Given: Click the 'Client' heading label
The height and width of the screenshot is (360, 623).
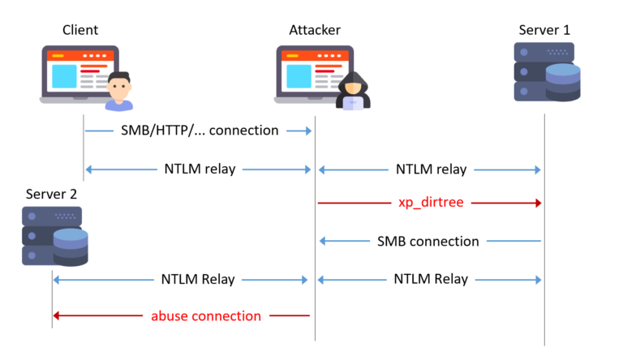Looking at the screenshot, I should (x=80, y=31).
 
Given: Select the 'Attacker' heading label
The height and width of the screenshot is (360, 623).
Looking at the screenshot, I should (x=315, y=31).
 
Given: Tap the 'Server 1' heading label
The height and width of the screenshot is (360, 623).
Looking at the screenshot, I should (x=544, y=31).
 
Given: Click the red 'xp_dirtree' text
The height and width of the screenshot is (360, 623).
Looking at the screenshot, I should (x=431, y=203).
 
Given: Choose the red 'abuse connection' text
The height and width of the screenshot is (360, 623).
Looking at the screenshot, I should (x=206, y=315).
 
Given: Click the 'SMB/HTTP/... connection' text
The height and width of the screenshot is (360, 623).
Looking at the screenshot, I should (x=200, y=131).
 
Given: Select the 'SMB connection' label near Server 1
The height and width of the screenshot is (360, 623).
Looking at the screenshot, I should (x=428, y=241).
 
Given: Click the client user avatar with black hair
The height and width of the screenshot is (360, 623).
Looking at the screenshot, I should (x=118, y=90).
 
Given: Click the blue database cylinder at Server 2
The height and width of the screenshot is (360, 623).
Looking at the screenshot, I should (x=71, y=247).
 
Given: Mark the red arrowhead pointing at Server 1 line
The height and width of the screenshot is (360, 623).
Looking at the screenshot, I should (x=536, y=203).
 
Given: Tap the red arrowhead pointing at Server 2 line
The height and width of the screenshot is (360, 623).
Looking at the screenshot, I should (x=58, y=315).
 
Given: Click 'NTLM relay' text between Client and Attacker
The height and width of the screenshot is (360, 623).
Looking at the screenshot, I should (x=200, y=169).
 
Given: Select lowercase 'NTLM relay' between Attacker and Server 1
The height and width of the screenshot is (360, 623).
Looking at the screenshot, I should (x=431, y=169).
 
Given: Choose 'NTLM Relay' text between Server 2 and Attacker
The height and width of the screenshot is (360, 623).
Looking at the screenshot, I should (x=197, y=279).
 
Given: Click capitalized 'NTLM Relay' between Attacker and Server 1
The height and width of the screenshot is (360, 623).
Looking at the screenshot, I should (x=431, y=279).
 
